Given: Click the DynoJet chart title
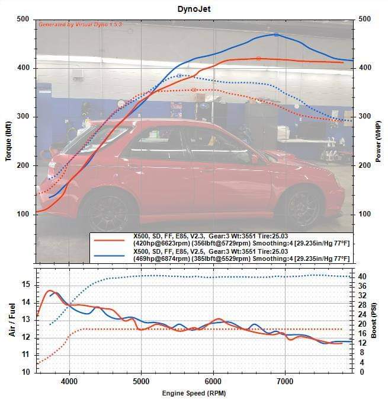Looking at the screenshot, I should click(194, 9).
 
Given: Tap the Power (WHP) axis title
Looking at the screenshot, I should click(379, 141).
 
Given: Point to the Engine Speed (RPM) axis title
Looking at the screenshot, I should click(194, 393).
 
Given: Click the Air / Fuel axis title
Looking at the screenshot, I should click(12, 320).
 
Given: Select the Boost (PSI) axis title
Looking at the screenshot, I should click(376, 320).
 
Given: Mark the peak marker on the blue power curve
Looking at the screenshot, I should click(276, 35).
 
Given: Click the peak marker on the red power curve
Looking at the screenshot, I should click(258, 58).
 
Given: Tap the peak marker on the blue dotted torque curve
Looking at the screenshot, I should click(179, 76).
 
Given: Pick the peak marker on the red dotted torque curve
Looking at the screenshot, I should click(194, 90).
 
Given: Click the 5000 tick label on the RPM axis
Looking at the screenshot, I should click(142, 381).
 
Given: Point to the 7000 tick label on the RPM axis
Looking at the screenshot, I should click(286, 381).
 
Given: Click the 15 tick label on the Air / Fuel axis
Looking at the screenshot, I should click(25, 285).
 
